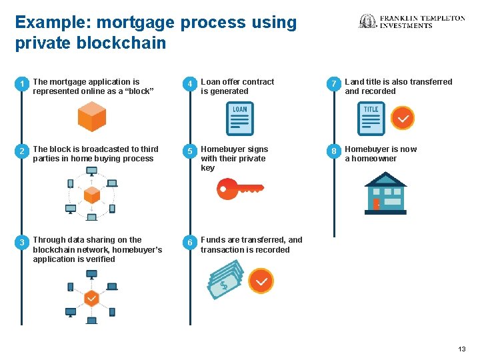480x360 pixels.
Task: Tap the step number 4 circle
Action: click(190, 84)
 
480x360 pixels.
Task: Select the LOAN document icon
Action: click(240, 119)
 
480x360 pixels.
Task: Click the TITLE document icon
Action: click(371, 119)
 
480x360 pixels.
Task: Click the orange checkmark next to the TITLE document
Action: click(402, 119)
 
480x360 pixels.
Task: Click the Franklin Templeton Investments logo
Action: click(412, 21)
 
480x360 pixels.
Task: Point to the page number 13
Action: click(462, 349)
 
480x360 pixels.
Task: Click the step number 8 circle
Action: click(334, 151)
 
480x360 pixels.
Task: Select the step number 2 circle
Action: click(22, 151)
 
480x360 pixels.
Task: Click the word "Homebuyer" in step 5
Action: click(223, 149)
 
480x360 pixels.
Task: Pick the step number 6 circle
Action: click(190, 242)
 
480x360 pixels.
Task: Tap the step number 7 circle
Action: click(334, 84)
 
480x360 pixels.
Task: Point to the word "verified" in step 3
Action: click(99, 259)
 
